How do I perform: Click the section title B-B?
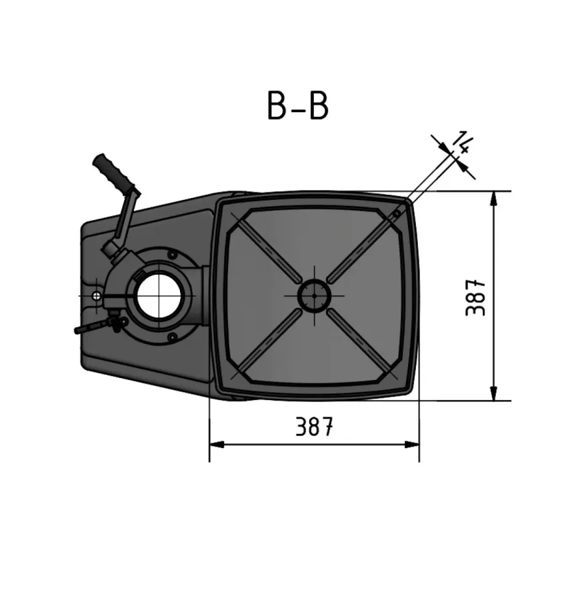pos(297,107)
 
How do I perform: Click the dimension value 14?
pos(463,143)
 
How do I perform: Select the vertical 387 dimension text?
pos(475,297)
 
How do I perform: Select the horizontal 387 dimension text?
pos(314,427)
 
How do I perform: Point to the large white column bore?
pos(158,295)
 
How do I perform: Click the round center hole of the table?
pos(313,295)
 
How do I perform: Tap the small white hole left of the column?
pos(98,295)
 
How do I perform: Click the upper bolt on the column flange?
pos(173,254)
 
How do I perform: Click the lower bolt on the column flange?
pos(173,337)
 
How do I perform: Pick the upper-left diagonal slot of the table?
pos(270,250)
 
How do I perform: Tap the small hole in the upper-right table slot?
pos(395,214)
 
